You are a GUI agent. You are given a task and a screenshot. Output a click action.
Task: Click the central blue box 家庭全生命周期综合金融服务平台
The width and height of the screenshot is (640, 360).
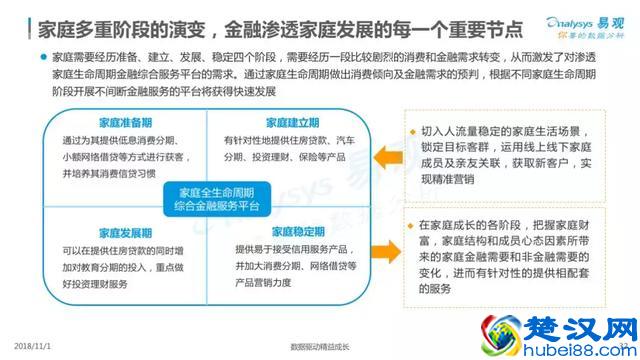click(201, 196)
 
